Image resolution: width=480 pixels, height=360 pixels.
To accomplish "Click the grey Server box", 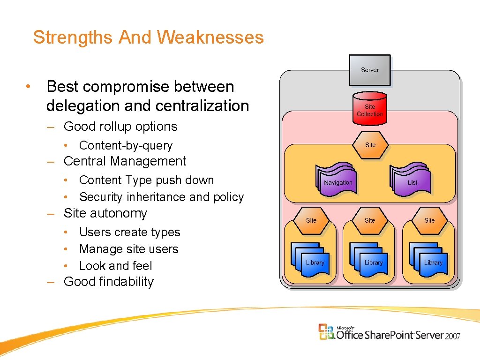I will pos(370,70).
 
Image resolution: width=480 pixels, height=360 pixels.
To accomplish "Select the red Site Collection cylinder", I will pos(370,109).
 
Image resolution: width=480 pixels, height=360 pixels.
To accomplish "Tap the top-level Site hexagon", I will pos(370,145).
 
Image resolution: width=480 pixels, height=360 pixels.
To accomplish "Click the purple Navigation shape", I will pos(337,181).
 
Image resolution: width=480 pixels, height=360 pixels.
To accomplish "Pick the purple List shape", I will pos(411,181).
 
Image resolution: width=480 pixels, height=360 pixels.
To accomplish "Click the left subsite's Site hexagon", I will pos(311,220).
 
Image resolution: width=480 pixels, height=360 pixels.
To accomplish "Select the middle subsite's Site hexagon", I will pos(370,220).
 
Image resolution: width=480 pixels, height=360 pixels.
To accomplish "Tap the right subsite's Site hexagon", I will pos(429,220).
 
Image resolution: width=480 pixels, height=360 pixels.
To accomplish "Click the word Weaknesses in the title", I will pos(210,37).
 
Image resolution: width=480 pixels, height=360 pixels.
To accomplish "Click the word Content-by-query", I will pos(126,145).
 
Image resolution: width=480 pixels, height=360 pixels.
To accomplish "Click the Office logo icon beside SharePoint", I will pos(327,332).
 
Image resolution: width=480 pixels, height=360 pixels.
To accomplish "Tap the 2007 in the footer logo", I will pos(453,336).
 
